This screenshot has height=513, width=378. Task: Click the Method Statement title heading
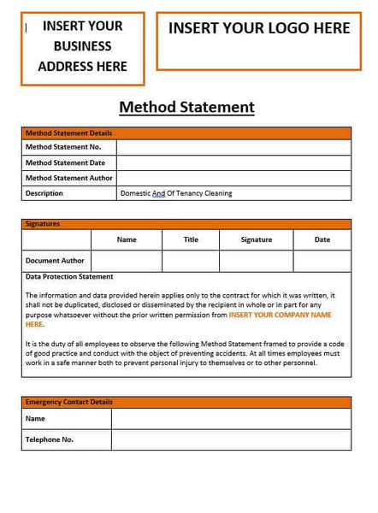pos(186,107)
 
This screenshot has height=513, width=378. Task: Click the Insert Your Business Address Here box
pos(82,47)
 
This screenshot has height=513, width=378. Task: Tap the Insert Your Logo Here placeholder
pos(258,29)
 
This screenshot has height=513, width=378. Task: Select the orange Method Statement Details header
pos(68,133)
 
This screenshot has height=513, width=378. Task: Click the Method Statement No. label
pos(63,147)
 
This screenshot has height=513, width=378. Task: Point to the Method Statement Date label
pos(65,162)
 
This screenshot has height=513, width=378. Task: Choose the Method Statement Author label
pos(68,178)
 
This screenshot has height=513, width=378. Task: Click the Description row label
pos(44,193)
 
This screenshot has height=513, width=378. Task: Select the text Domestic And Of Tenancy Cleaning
pos(176,193)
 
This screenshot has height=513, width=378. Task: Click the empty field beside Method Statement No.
pos(233,147)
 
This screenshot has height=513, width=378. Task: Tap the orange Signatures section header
pos(43,224)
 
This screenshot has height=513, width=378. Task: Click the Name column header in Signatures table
pos(127,239)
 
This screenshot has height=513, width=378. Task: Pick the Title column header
pos(191,239)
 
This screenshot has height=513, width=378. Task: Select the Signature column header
pos(257,239)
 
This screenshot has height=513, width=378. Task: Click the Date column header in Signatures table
pos(322,239)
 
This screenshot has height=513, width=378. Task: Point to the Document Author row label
pos(55,261)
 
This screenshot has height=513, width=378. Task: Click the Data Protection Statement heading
pos(69,277)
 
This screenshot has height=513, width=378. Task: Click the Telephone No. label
pos(50,439)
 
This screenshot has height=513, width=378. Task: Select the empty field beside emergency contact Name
pos(231,419)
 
